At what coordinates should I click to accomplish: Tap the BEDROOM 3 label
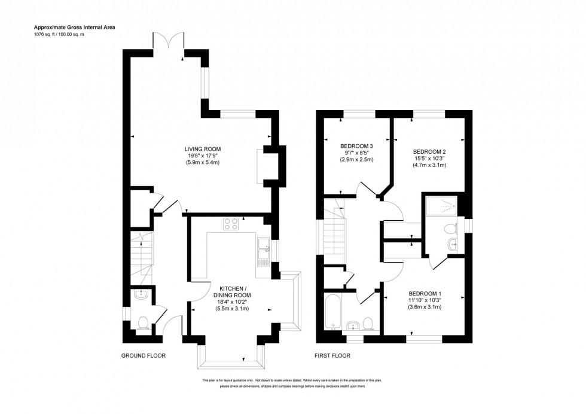pyautogui.click(x=356, y=145)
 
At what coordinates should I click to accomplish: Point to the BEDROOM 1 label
pyautogui.click(x=425, y=293)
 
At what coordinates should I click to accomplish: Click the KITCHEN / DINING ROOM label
pyautogui.click(x=232, y=291)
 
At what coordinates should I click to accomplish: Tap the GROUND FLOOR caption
pyautogui.click(x=143, y=355)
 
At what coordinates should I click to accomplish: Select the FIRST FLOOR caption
pyautogui.click(x=332, y=355)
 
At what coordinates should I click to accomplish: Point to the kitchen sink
pyautogui.click(x=263, y=249)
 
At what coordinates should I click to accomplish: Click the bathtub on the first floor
pyautogui.click(x=332, y=310)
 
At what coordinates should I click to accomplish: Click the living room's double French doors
pyautogui.click(x=169, y=42)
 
